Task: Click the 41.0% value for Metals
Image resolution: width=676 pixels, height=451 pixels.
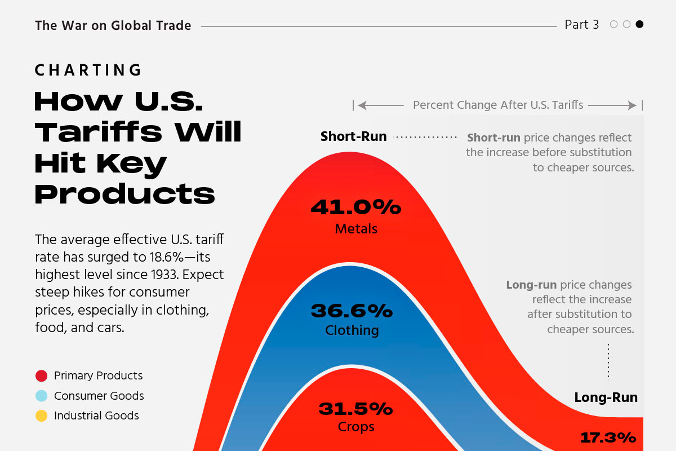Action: [355, 208]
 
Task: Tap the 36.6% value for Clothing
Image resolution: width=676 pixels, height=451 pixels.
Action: [352, 311]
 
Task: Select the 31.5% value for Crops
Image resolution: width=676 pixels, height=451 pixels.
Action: [355, 408]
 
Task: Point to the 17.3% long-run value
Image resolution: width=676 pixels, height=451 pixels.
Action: [608, 437]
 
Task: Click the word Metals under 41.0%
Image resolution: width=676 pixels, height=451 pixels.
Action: [356, 229]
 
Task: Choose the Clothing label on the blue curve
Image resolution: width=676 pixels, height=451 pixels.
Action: [352, 330]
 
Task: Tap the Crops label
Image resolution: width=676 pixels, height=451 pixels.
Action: [356, 427]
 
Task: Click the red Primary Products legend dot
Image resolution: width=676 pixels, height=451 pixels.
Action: [41, 376]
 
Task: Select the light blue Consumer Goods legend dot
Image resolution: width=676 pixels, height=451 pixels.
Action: [41, 396]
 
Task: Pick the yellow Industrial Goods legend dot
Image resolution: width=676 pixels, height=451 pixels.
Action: [41, 416]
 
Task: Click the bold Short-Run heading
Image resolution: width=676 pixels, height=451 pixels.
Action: [353, 136]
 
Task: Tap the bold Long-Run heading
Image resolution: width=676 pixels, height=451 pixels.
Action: [606, 397]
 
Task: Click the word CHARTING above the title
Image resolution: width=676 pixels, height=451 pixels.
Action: [88, 70]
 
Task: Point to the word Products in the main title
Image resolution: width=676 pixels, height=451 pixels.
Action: [124, 194]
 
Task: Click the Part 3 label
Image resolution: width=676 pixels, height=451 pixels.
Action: [582, 25]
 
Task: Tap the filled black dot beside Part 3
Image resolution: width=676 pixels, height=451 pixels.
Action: [639, 24]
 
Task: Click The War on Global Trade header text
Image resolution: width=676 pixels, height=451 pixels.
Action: [113, 25]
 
